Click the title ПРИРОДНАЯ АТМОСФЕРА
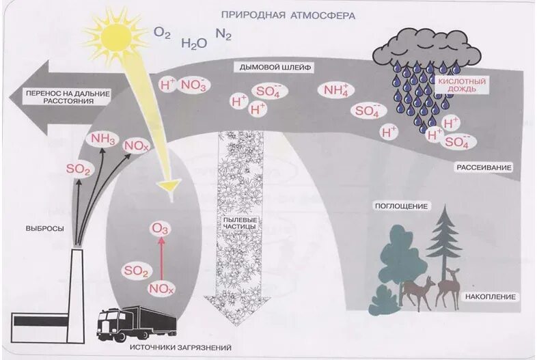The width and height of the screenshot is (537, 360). click(288, 14)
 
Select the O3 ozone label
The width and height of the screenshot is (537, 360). click(161, 229)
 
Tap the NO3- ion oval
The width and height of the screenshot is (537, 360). click(195, 85)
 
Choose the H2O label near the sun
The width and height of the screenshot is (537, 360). click(194, 43)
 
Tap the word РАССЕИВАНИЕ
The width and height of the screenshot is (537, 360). click(485, 167)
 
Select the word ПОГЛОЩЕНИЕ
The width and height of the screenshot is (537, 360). click(401, 206)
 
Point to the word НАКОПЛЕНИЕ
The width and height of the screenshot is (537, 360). click(491, 297)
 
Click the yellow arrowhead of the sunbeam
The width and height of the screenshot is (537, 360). click(168, 185)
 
